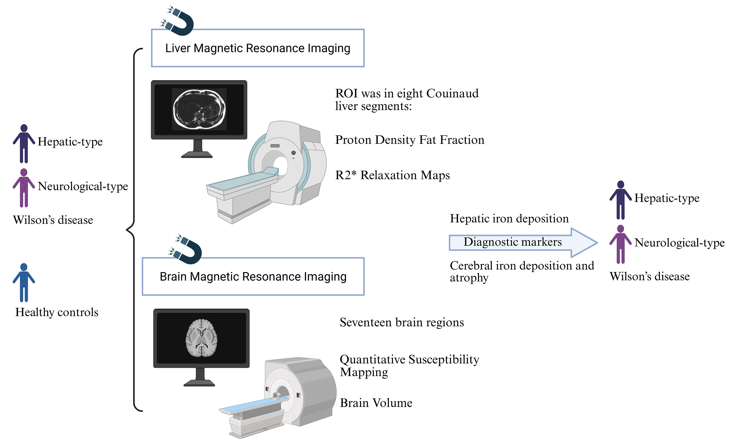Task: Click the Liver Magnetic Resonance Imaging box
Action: (x=258, y=48)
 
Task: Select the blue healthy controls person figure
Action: (x=24, y=282)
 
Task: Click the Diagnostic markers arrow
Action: (x=523, y=242)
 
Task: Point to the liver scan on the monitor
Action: (x=199, y=109)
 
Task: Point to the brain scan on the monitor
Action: (x=201, y=338)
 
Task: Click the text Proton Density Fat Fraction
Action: (x=409, y=140)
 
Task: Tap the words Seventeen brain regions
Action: (x=401, y=322)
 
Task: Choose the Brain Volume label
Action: (x=376, y=403)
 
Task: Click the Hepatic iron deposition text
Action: (x=509, y=219)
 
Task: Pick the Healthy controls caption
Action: (x=57, y=312)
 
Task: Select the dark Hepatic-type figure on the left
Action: (x=24, y=144)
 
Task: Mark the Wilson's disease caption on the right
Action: (x=649, y=276)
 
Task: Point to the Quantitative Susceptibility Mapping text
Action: (x=409, y=365)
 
